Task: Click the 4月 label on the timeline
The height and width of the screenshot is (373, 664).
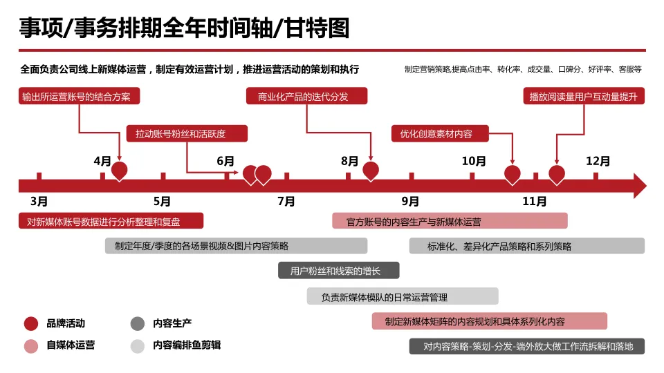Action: pos(102,162)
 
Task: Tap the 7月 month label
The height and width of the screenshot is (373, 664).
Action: pos(286,202)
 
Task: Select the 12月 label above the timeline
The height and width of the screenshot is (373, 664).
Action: pos(598,162)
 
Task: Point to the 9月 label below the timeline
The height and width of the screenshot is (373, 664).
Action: pos(410,202)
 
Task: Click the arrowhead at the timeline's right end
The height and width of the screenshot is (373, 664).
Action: pos(639,186)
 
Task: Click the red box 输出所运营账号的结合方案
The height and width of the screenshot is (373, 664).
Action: pos(80,96)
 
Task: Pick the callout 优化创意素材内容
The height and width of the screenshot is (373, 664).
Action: pos(441,133)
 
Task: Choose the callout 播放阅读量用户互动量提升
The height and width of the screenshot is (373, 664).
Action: pos(584,96)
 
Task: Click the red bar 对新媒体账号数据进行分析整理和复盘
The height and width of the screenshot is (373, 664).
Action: pos(111,221)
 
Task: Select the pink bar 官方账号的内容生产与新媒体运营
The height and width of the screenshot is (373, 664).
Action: pos(450,221)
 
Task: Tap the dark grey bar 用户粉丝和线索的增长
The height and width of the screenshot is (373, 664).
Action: pos(338,271)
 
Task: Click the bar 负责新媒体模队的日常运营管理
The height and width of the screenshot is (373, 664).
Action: pos(403,296)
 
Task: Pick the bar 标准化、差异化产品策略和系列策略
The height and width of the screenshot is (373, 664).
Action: pos(526,246)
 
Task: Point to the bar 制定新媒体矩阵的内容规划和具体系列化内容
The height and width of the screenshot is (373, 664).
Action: pos(489,321)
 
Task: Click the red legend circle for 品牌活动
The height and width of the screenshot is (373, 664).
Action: pos(31,323)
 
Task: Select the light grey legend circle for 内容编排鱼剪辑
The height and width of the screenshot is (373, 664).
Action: pos(138,345)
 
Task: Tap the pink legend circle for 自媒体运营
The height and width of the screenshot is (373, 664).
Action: pos(31,345)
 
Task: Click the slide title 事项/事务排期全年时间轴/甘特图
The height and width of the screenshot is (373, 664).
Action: pos(184,28)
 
